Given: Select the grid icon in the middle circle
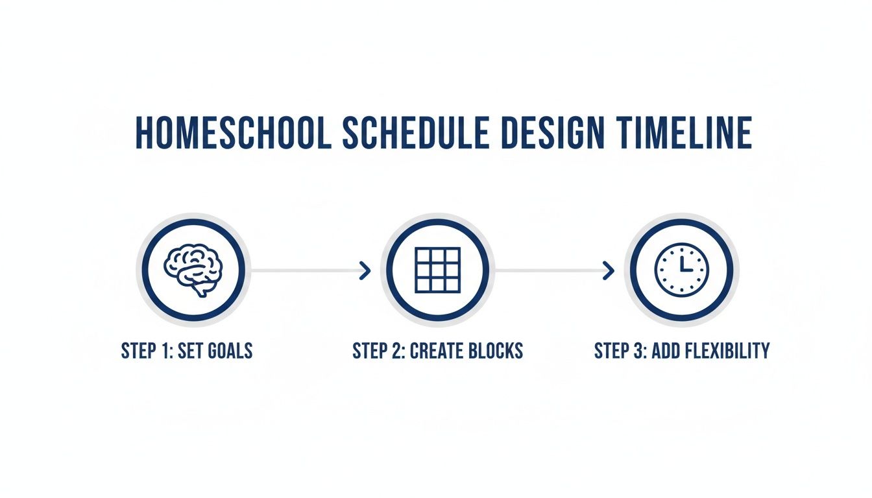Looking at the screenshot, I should tap(437, 270).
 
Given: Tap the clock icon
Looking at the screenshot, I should tap(681, 270).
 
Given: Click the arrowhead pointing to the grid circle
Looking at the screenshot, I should tap(365, 270).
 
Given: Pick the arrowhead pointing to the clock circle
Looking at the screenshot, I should tap(609, 270).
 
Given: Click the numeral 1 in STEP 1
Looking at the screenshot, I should tap(162, 351).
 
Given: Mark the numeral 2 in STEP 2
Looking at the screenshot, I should tap(394, 351).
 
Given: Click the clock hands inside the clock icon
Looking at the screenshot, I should tap(684, 265).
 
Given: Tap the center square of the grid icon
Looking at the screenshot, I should tap(437, 270).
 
